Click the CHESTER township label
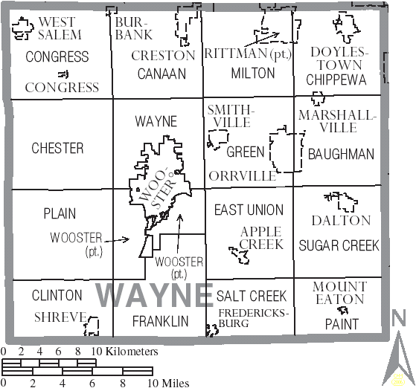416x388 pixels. click(57, 149)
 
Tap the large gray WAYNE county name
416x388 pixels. click(154, 295)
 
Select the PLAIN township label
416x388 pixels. click(60, 213)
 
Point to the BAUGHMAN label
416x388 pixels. click(341, 154)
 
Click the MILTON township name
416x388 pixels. click(253, 73)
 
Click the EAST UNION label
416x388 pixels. click(249, 210)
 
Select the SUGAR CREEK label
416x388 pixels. click(339, 245)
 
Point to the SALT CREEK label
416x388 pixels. click(252, 296)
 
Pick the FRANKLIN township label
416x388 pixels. click(160, 321)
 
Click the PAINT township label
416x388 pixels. click(341, 324)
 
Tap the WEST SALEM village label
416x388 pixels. click(57, 28)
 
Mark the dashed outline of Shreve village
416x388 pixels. click(93, 325)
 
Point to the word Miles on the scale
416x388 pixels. click(173, 384)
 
